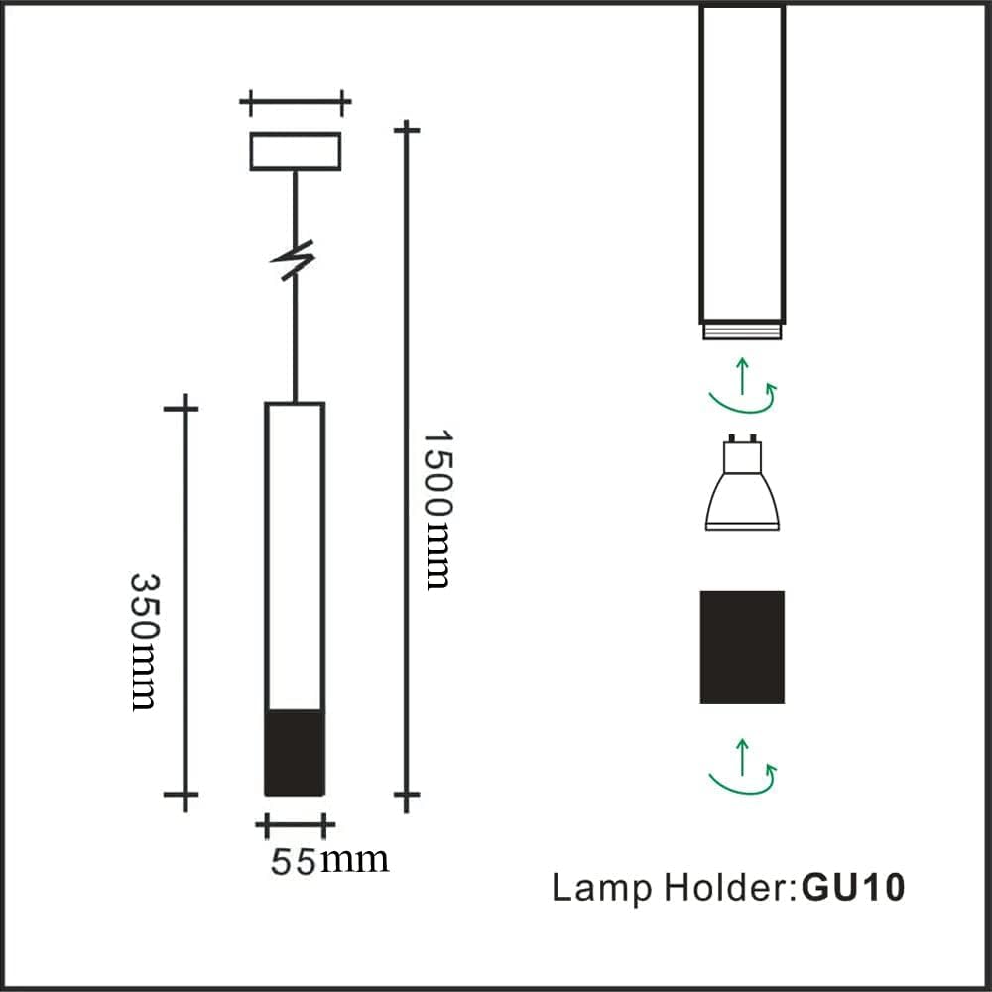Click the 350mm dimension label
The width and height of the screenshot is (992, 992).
[x=145, y=641]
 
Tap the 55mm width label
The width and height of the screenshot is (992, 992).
[x=329, y=860]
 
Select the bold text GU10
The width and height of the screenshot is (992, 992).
[x=853, y=887]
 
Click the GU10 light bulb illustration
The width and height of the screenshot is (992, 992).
[x=742, y=492]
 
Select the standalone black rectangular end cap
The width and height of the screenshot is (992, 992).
[x=742, y=647]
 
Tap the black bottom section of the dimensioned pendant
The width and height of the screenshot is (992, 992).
[x=295, y=752]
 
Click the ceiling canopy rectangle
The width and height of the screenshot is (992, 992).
[x=295, y=151]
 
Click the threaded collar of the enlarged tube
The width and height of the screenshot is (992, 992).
[x=742, y=330]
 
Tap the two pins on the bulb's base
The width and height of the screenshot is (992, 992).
[x=742, y=438]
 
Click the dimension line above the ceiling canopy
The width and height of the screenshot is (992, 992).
[x=296, y=101]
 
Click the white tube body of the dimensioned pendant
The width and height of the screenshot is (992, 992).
[x=295, y=556]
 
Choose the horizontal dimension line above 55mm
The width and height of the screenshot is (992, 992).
[x=295, y=824]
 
